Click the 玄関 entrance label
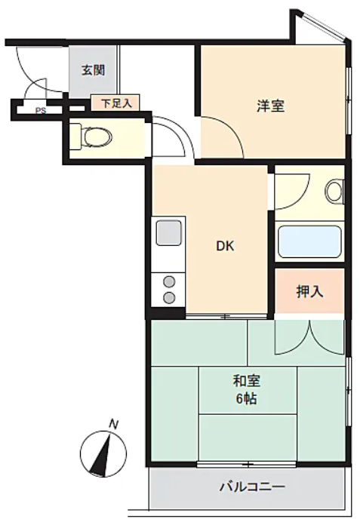pos(94,70)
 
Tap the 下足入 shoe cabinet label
pos(116,103)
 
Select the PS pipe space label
pos(41,111)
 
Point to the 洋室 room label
pos(270,106)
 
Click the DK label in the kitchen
pos(226,246)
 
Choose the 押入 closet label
pos(309,292)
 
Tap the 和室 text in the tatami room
pos(247,381)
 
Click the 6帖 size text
pos(247,398)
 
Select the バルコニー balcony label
pos(252,487)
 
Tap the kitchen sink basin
pos(170,232)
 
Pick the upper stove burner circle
pos(170,281)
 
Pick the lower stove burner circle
pos(170,297)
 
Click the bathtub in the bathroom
pos(309,241)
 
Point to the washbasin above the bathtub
pos(334,192)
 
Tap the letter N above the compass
pos(114,425)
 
